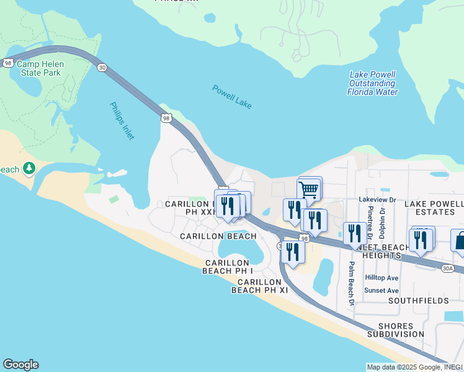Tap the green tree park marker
tap(29, 168)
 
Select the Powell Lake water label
tap(232, 97)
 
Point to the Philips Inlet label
tap(122, 121)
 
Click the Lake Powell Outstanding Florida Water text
tap(372, 83)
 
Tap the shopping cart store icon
tap(309, 188)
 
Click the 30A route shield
tap(448, 268)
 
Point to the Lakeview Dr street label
tap(377, 200)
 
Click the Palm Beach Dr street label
tap(351, 283)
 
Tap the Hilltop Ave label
tap(381, 278)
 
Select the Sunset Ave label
tap(381, 290)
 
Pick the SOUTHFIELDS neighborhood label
tap(418, 301)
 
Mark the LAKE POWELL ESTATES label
tap(434, 208)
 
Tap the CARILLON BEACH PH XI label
tap(261, 285)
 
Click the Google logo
tap(20, 365)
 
